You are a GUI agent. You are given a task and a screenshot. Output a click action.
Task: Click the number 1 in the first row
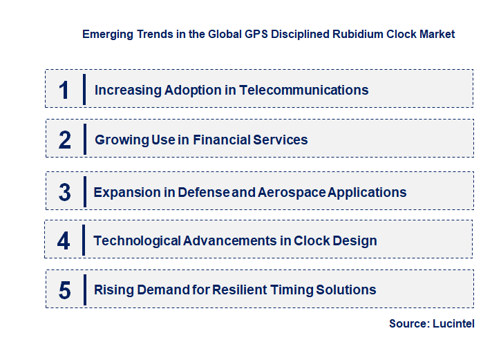pos(64,90)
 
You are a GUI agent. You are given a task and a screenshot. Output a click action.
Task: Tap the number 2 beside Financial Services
pos(65,140)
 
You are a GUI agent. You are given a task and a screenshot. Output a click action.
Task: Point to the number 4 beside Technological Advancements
pos(64,241)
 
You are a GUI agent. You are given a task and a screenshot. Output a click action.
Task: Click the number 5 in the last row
pos(64,290)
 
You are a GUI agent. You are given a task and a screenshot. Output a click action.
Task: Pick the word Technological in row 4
pos(137,241)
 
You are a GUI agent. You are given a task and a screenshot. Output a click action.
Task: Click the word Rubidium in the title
pos(354,34)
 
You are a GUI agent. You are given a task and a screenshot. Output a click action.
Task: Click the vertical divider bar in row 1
pos(84,89)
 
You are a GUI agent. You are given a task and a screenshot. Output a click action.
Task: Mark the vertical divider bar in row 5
pos(84,290)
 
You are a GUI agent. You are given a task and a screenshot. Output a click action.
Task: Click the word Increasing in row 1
pos(128,90)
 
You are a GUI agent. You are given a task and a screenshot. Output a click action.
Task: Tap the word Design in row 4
pos(354,241)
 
